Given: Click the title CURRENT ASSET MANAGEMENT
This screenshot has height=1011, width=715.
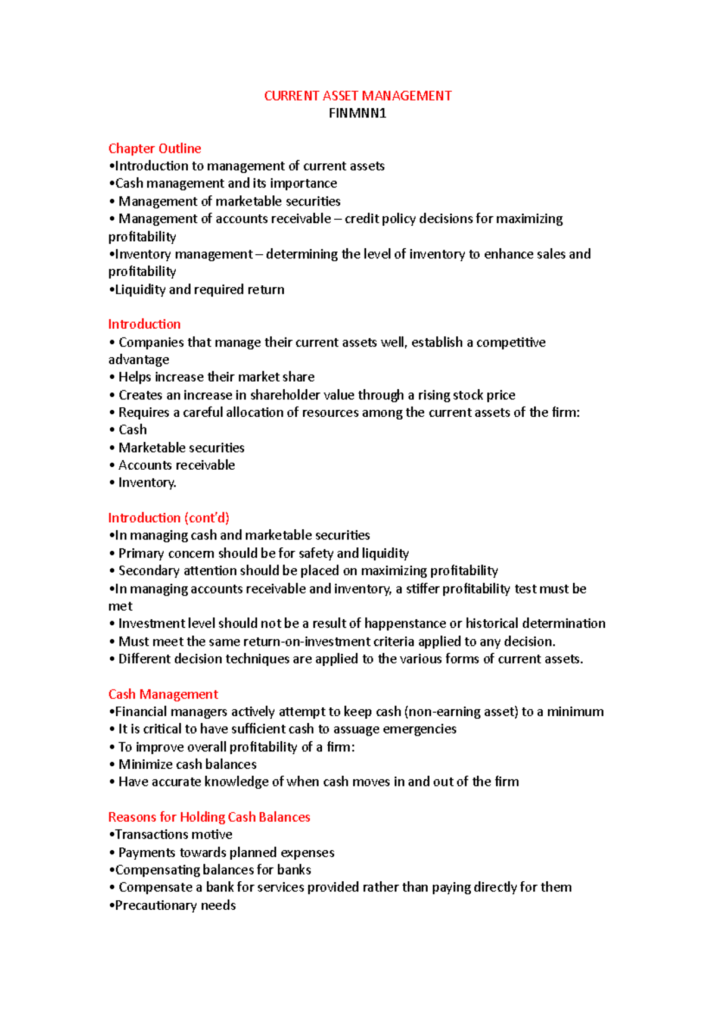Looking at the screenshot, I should pos(357,96).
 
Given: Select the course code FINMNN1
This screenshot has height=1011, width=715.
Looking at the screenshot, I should pos(357,113).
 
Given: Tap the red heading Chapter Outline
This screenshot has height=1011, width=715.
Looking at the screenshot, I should pos(154,148).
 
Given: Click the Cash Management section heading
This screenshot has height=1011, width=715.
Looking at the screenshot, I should pos(163,694).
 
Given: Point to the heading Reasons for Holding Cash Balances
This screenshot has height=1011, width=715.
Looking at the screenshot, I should pos(209,817).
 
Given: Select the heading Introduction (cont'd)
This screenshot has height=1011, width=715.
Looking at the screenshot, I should pos(169,517).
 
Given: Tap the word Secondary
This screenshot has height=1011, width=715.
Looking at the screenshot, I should pos(148,570).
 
